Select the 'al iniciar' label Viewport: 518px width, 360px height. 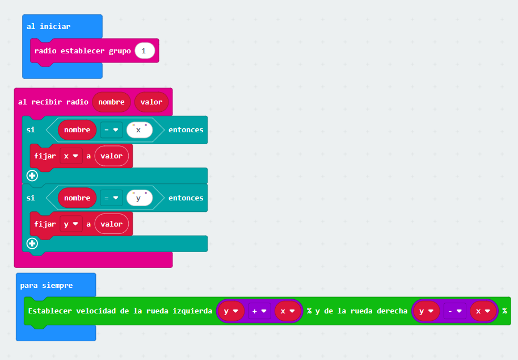click(x=49, y=27)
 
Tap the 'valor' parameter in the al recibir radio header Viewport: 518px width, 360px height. click(x=151, y=102)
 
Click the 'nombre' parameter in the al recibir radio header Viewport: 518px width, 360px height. click(x=111, y=102)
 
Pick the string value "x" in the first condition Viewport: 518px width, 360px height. click(x=140, y=130)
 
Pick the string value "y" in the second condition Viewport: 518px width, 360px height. click(x=140, y=198)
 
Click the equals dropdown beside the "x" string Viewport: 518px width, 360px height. click(x=111, y=130)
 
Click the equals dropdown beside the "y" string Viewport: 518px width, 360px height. click(x=111, y=198)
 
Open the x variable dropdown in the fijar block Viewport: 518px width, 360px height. click(x=71, y=156)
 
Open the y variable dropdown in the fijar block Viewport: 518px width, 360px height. click(x=71, y=224)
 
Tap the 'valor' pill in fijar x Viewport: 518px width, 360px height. click(x=112, y=156)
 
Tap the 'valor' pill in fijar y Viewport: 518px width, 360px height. click(x=112, y=224)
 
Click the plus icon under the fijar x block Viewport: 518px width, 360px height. click(x=32, y=175)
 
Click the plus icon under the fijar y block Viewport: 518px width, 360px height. click(x=32, y=244)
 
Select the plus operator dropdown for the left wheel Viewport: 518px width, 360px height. click(x=259, y=311)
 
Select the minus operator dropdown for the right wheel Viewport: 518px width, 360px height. click(x=454, y=311)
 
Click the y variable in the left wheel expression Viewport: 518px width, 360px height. click(x=231, y=311)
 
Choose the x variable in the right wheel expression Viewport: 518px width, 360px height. click(x=483, y=311)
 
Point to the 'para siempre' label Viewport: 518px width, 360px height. click(x=47, y=285)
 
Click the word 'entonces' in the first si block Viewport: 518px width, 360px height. click(x=186, y=130)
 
